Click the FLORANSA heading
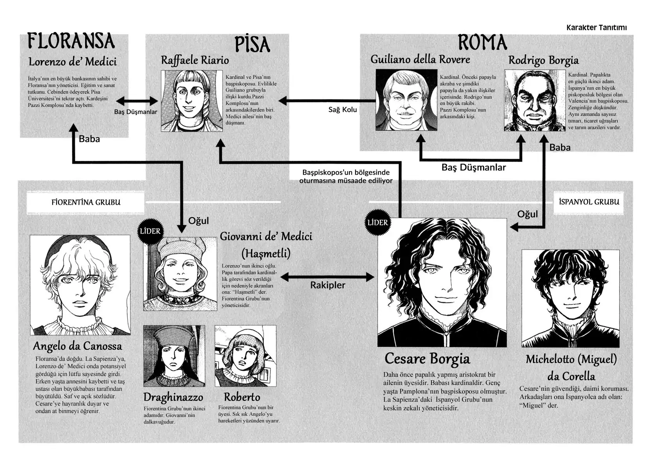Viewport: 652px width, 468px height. click(x=71, y=41)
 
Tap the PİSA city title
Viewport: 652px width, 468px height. click(x=252, y=44)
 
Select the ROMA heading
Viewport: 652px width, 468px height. click(x=482, y=43)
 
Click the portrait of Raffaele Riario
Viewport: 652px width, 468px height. click(x=192, y=101)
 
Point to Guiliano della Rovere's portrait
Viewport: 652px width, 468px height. click(x=406, y=100)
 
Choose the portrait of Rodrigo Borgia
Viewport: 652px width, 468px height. click(x=535, y=100)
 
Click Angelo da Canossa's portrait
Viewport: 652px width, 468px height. click(x=80, y=285)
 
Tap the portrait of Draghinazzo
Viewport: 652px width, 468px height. click(x=174, y=356)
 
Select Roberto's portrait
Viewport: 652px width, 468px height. click(x=245, y=356)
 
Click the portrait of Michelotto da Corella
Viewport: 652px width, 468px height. click(x=570, y=298)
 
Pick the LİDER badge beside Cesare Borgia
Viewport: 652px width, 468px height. click(x=378, y=223)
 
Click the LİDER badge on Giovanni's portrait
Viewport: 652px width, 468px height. click(x=150, y=231)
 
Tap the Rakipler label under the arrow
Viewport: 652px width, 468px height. click(x=328, y=285)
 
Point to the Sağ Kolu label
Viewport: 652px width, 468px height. click(x=342, y=110)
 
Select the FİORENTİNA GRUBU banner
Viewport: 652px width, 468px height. click(x=86, y=202)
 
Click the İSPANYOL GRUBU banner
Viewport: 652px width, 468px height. click(x=589, y=202)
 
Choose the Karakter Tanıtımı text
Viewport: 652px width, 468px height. click(x=597, y=28)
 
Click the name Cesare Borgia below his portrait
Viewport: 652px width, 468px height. click(x=427, y=359)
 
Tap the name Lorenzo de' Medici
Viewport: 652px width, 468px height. click(x=73, y=62)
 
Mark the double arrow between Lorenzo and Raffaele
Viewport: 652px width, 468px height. click(x=137, y=101)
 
